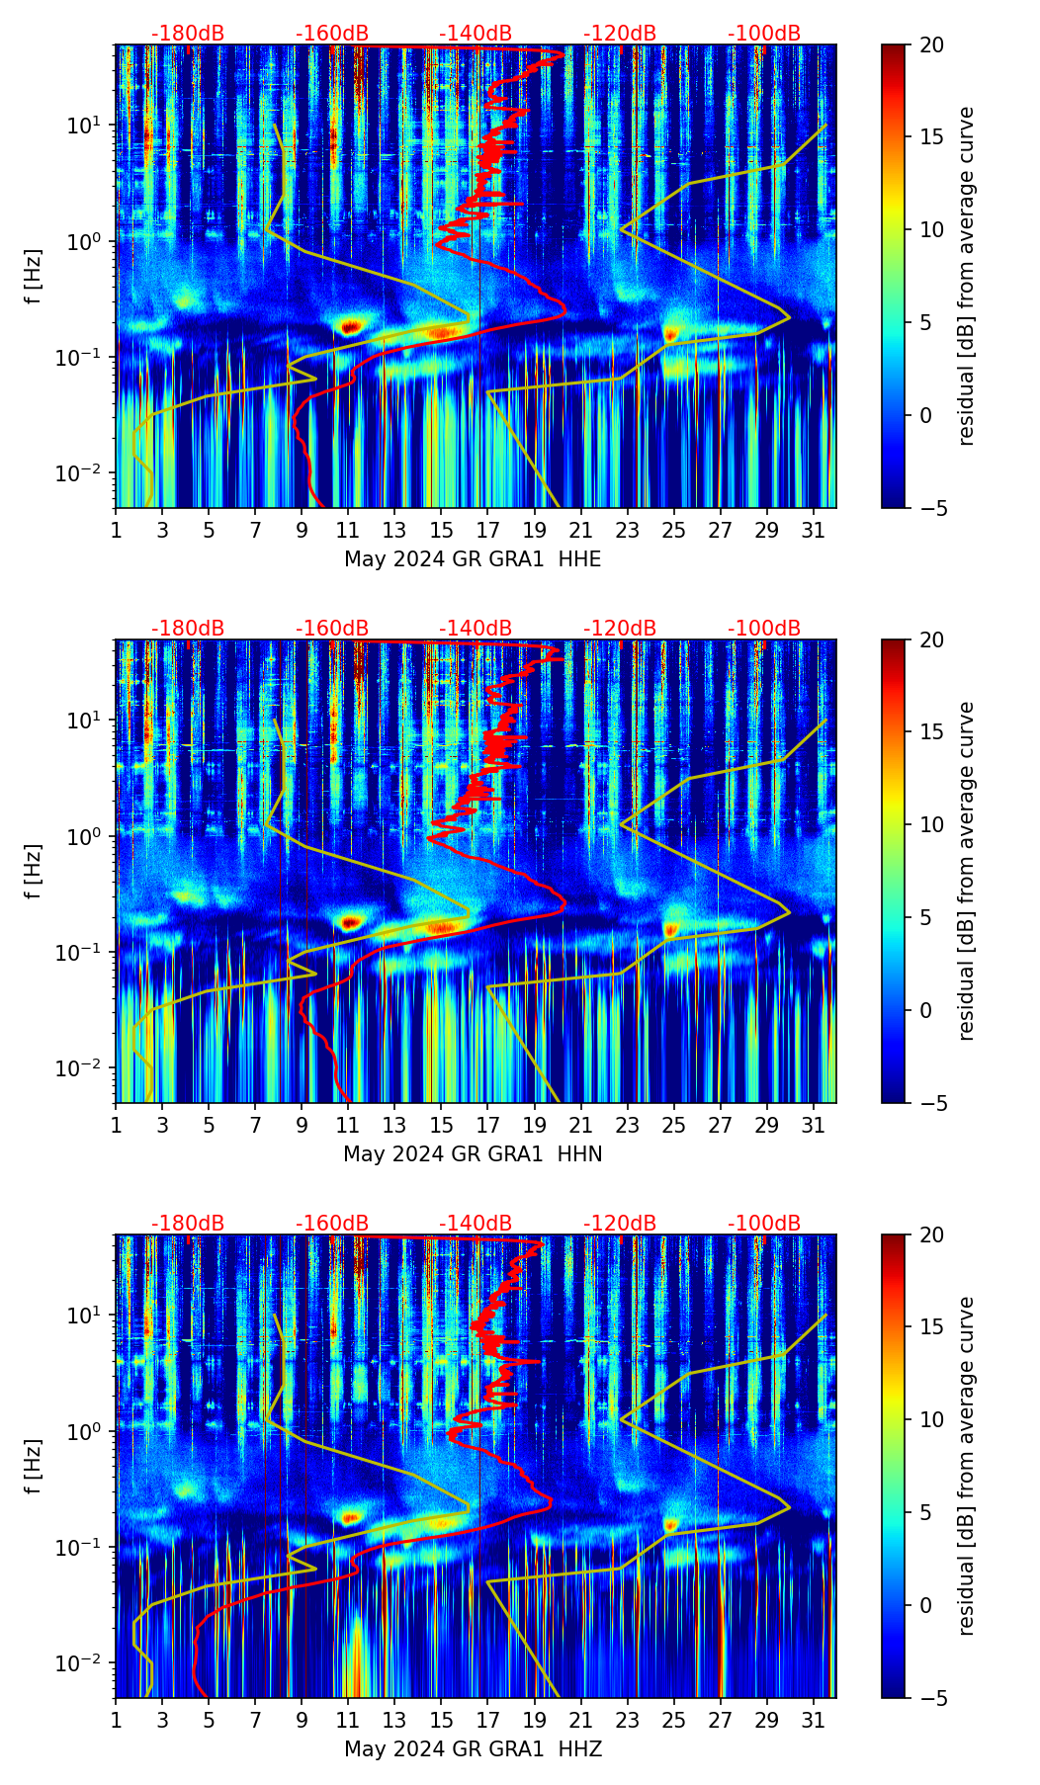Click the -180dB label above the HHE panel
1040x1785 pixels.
coord(188,34)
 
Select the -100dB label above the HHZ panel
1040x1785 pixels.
coord(764,1224)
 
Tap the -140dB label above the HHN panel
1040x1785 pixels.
coord(476,629)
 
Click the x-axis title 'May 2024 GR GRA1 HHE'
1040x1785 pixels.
coord(473,559)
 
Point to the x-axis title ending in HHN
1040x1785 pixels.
coord(473,1154)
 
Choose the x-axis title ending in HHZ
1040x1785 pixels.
coord(473,1749)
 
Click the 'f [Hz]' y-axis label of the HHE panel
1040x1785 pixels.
coord(34,276)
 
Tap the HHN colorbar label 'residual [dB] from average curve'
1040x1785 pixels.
coord(967,871)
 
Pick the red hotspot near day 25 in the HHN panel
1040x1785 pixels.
coord(671,929)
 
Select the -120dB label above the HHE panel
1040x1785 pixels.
coord(620,34)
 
